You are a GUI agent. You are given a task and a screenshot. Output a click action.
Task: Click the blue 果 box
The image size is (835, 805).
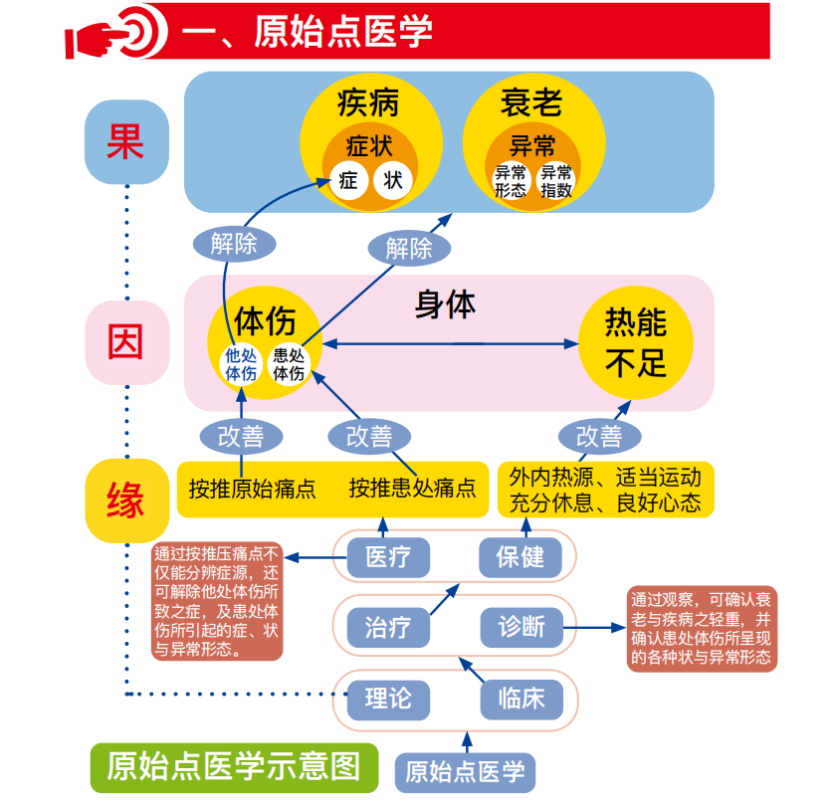[125, 141]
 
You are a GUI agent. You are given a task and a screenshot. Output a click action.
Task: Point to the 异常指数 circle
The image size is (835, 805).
[556, 182]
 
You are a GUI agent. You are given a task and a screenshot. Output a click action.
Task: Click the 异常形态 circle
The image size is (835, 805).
[511, 182]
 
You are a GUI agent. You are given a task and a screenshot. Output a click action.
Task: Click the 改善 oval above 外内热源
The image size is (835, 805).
[599, 436]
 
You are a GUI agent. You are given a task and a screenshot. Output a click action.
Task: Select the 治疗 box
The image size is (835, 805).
[387, 627]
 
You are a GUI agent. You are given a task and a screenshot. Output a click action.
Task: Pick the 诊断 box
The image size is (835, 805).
[522, 627]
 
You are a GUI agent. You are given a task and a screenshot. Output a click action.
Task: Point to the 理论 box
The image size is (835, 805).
[387, 698]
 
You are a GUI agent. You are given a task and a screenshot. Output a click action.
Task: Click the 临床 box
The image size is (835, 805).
[522, 698]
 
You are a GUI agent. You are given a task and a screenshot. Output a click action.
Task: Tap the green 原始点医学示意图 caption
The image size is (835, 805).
[234, 766]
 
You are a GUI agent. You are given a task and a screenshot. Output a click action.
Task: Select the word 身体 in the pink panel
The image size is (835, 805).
[445, 304]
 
